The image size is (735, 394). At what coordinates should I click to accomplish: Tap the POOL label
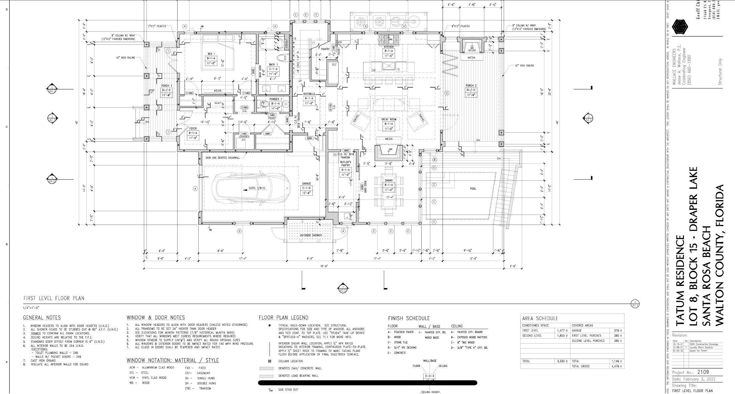pos(473,189)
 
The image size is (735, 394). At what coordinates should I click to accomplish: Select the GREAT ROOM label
pos(389,119)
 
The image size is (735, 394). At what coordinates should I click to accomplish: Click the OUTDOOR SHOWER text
pos(311,235)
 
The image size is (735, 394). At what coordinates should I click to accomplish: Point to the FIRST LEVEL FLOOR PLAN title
pos(54,298)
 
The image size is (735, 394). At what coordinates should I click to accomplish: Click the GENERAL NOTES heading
pos(42,317)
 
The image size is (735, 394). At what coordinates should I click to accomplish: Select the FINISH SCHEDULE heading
pos(409,318)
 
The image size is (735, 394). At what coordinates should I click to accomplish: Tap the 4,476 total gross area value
pos(615,366)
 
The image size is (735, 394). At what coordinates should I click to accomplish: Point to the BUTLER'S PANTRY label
pos(345,163)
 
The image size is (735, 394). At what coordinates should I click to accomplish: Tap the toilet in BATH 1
pos(282,57)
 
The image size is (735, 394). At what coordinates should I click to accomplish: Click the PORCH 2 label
pos(471,86)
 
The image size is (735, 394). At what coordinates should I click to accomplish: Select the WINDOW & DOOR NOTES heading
pos(156,317)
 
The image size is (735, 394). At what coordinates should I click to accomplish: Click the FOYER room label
pos(193,128)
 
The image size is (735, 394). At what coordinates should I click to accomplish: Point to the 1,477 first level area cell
pos(560,331)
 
